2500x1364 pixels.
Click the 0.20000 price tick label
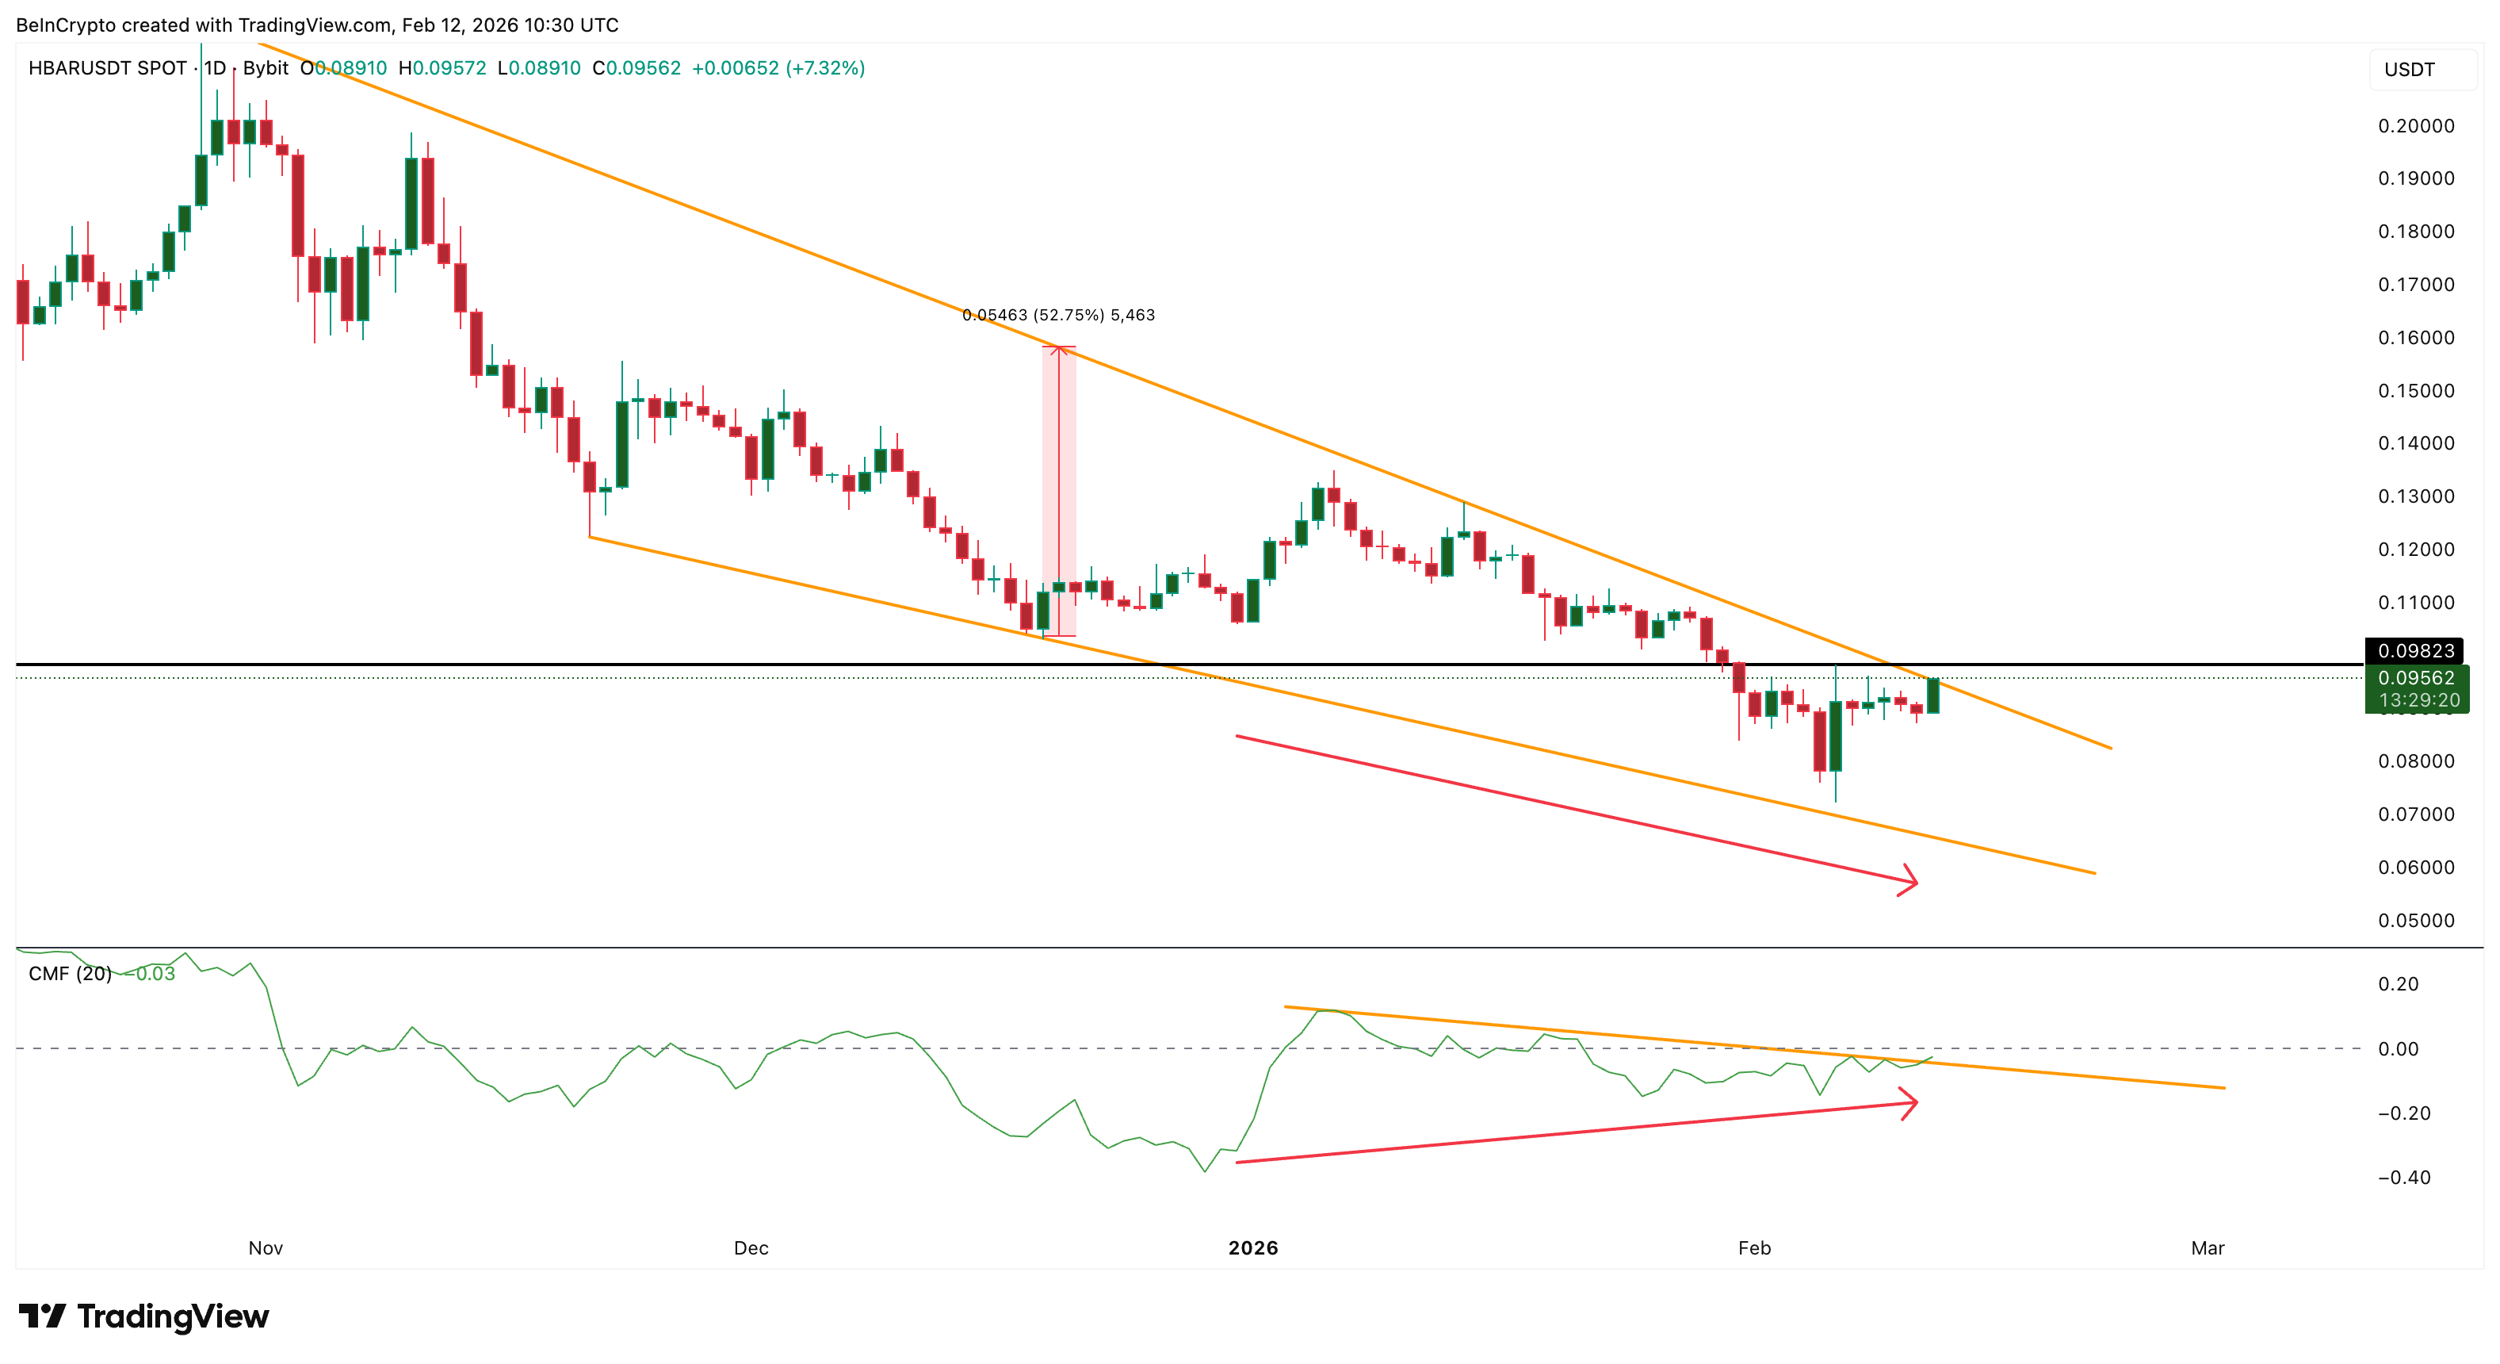coord(2415,126)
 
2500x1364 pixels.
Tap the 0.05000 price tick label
coord(2415,921)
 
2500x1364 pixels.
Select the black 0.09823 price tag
coord(2415,650)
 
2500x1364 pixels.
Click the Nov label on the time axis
coord(265,1248)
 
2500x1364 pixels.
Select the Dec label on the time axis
coord(750,1248)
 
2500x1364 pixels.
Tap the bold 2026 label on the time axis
coord(1253,1248)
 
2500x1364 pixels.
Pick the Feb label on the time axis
coord(1753,1248)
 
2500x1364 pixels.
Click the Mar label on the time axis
coord(2207,1248)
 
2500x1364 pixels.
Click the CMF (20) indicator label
coord(70,974)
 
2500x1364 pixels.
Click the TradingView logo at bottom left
coord(143,1316)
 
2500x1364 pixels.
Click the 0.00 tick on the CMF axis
coord(2397,1048)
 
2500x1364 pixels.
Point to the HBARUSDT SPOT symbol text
coord(108,68)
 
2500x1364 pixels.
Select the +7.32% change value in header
coord(825,68)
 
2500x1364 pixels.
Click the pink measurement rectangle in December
coord(1059,491)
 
